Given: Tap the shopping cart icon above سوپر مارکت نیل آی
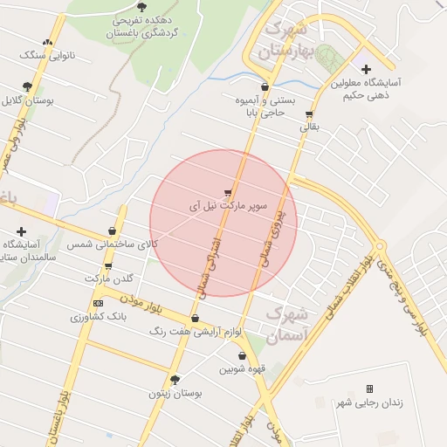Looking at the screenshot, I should (x=228, y=193).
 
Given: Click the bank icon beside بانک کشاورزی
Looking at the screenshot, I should (x=97, y=303).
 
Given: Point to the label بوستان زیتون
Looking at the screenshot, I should (x=175, y=394).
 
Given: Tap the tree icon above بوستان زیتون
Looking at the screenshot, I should (x=175, y=380).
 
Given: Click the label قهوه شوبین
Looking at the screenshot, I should (x=242, y=369).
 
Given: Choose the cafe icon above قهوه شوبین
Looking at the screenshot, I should (x=242, y=356).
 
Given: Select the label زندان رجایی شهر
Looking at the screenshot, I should (x=369, y=402).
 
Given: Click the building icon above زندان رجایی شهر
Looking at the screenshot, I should (x=369, y=389).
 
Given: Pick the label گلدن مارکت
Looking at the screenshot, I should (x=109, y=279).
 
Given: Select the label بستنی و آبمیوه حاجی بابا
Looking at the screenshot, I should (x=263, y=106).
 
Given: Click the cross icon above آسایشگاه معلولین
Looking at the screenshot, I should (x=365, y=69).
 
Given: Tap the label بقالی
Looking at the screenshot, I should (x=310, y=127).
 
